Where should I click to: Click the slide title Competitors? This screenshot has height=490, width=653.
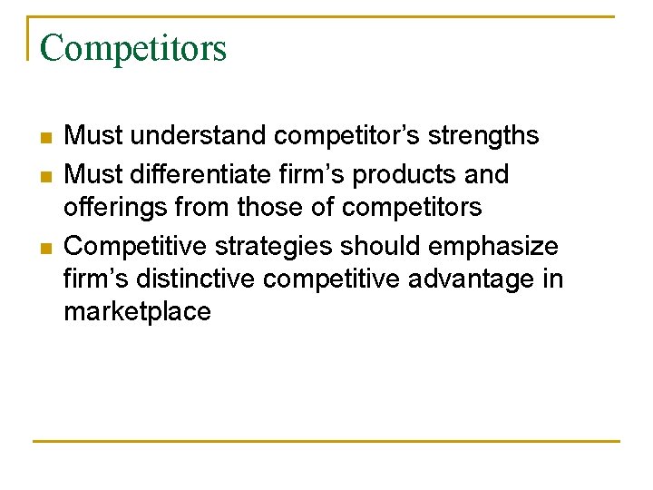click(133, 47)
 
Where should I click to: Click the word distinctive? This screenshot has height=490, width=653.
click(209, 279)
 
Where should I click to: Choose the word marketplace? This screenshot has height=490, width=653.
click(137, 313)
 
